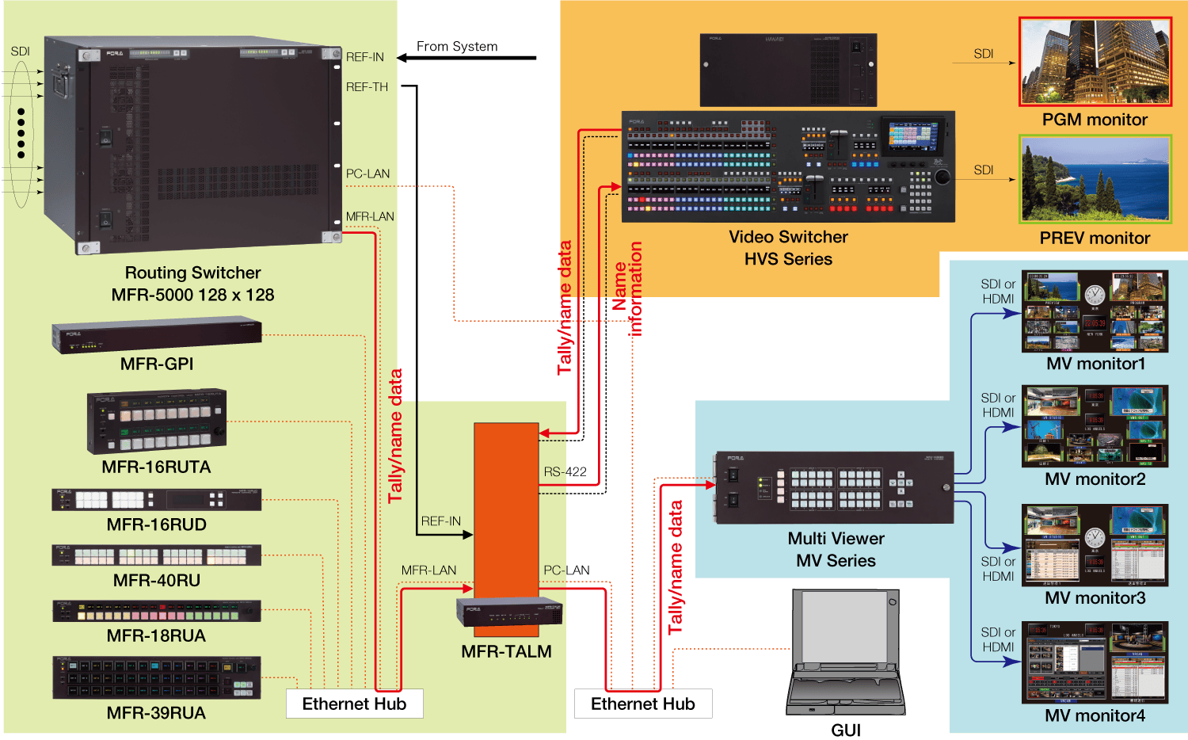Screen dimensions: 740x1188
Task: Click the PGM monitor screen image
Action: coord(1095,62)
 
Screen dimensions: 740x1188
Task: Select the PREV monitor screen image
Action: coord(1095,179)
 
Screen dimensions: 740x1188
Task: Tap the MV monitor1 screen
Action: coord(1095,311)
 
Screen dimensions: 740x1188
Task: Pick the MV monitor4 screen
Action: coord(1095,662)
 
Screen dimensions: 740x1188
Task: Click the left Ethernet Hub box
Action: coord(354,704)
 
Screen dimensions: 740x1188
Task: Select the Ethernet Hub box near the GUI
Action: coord(642,704)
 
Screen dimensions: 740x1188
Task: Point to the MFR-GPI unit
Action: coord(156,337)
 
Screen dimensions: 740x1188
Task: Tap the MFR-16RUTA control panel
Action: coord(156,421)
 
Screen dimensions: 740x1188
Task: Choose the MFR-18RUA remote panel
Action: coord(156,611)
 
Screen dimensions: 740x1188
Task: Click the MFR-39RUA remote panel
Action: coord(156,677)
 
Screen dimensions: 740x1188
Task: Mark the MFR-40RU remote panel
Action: coord(156,555)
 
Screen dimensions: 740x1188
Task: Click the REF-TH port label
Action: coord(367,87)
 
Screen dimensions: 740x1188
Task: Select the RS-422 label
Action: coord(565,472)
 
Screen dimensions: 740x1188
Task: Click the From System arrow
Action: coord(466,57)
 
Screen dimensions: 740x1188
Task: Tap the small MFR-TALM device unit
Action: coord(508,612)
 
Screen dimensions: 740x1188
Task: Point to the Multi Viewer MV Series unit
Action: coord(834,488)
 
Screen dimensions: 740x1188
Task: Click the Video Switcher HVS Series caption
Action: coord(788,248)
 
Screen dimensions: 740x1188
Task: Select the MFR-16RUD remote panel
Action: coord(156,499)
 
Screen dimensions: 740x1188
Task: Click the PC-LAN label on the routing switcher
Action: coord(367,174)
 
